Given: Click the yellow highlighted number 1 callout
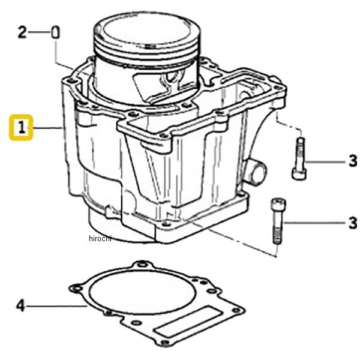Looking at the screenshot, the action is pos(21,127).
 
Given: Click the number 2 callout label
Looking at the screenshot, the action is pos(23,32).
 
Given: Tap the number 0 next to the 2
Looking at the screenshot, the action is pos(55,32).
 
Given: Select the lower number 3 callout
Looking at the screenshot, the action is pos(353,223).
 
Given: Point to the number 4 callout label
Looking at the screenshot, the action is pos(20,305).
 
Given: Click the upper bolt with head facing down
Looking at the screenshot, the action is pos(299,158).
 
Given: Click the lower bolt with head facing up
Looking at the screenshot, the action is pos(278,220).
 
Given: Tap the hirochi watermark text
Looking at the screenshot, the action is pos(100,238).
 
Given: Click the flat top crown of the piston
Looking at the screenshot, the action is pos(147,30).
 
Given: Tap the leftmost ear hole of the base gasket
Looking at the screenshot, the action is pos(77,288).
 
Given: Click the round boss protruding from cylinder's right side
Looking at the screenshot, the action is pos(256,172).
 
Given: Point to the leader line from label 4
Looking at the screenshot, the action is pos(57,306).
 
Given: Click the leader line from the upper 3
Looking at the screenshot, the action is pos(326,162).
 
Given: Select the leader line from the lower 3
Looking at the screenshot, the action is pos(315,223).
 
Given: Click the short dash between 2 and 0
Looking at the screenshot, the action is pos(39,32).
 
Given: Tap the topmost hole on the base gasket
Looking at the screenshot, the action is pos(143,265).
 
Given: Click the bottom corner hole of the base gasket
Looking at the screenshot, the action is pos(164,343).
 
